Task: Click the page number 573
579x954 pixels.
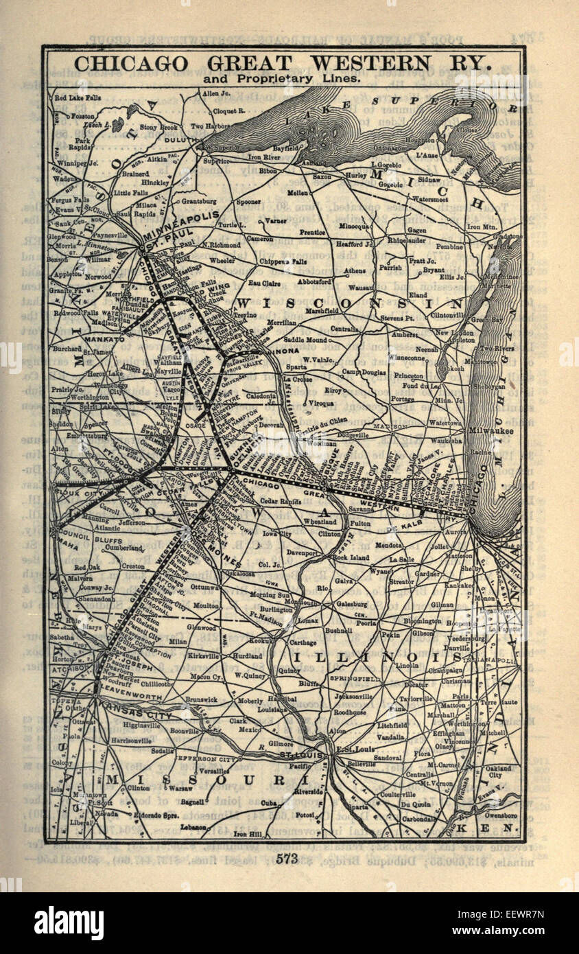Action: (x=289, y=858)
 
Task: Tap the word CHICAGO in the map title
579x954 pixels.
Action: (x=130, y=64)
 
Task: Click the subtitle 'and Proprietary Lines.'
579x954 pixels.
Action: (x=281, y=79)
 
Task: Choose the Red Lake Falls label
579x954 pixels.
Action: (x=78, y=97)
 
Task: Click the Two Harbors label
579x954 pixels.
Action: (x=208, y=126)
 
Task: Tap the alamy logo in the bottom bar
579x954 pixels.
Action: (x=69, y=923)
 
